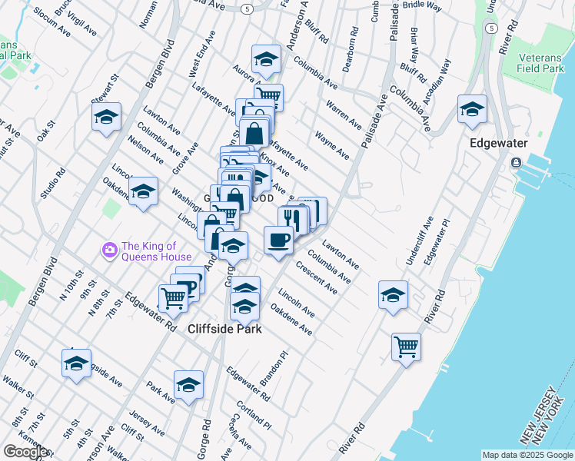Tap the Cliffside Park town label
point(224,329)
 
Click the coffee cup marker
point(278,240)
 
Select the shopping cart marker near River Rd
point(406,346)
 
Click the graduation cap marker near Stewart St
point(106,118)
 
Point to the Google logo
point(26,452)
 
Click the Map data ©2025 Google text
point(527,455)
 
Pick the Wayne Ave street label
point(332,145)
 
